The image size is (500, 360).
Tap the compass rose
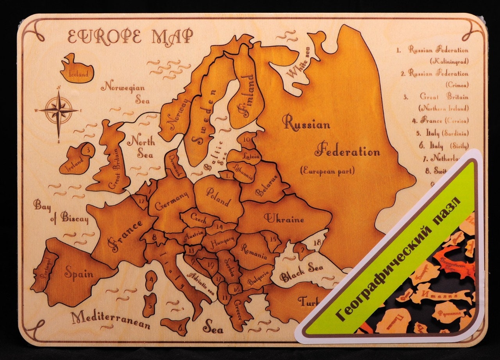[x=59, y=111]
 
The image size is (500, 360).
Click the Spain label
[x=79, y=273]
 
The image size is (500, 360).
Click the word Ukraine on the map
[x=284, y=219]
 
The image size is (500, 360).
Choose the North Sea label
[x=140, y=147]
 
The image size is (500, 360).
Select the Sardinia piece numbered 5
[x=149, y=305]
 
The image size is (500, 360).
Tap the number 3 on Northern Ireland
[x=88, y=149]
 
